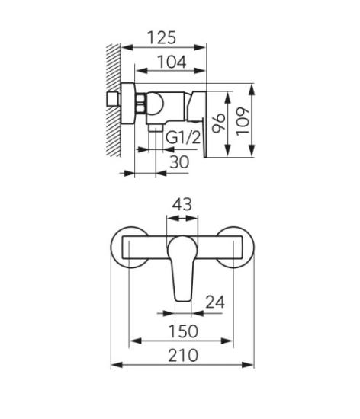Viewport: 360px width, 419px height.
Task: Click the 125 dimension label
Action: pos(162,37)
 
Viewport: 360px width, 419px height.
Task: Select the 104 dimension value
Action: pos(172,62)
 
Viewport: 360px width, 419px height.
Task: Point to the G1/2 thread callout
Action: pos(183,138)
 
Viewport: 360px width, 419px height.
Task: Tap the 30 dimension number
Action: pos(179,162)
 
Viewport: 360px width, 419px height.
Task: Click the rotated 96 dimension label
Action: pos(218,123)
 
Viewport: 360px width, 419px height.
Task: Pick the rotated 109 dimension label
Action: pos(243,122)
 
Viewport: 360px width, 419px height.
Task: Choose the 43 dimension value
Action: pos(182,205)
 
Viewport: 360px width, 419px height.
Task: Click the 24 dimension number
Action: pos(215,302)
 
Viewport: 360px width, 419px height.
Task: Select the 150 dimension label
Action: pos(183,331)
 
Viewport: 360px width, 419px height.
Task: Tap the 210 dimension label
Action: pos(183,356)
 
